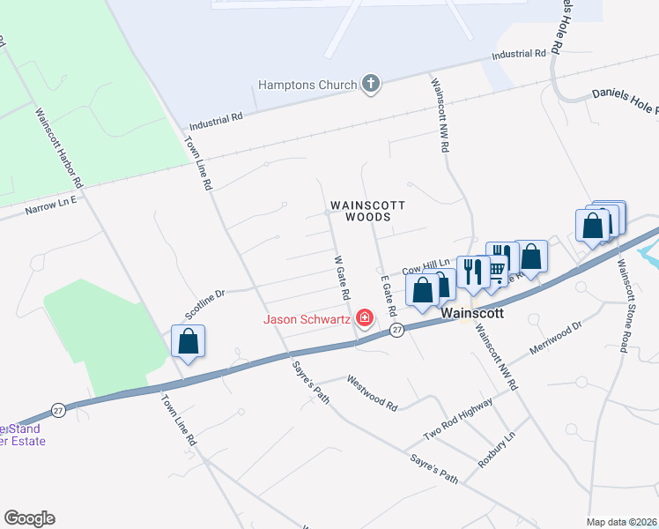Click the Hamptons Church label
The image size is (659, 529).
point(307,86)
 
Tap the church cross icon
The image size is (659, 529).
point(371,85)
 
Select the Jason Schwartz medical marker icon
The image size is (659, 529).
point(363,318)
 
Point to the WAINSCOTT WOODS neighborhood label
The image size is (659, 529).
point(367,211)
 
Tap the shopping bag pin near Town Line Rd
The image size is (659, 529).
point(189,342)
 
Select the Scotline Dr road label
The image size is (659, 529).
point(205,303)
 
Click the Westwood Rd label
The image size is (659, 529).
point(373,394)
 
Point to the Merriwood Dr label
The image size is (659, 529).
point(556,338)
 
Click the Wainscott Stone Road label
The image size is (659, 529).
point(622,306)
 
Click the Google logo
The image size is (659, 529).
point(29,518)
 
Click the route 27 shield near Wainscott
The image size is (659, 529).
point(397,329)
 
